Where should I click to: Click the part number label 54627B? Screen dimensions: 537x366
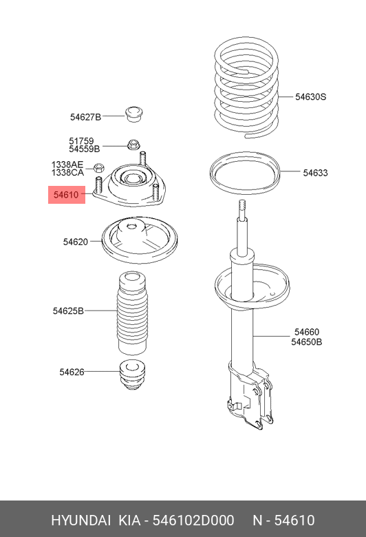click(85, 117)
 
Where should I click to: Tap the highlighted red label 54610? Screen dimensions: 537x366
click(66, 195)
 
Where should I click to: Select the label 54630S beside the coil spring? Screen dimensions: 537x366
click(310, 97)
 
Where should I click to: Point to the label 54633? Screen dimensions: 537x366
click(316, 173)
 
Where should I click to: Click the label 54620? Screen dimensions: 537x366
click(75, 242)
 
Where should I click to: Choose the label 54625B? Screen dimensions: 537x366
click(68, 310)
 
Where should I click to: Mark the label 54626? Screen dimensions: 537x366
click(72, 372)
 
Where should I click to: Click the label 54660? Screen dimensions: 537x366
click(306, 332)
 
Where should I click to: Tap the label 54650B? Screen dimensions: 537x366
click(306, 341)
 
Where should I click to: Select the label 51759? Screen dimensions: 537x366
click(81, 141)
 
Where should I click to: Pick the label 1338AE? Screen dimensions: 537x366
click(67, 165)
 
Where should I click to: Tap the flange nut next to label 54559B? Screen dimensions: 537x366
click(133, 145)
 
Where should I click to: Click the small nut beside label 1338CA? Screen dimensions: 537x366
click(98, 167)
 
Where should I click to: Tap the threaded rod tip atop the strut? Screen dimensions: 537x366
click(242, 207)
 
